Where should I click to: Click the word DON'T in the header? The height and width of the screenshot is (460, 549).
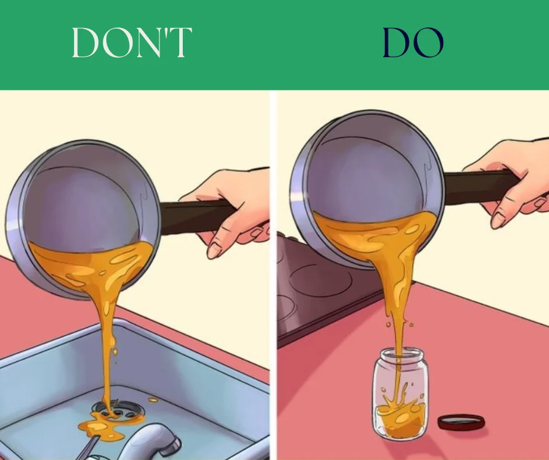tap(132, 42)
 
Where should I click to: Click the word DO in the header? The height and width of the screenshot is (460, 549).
tap(413, 42)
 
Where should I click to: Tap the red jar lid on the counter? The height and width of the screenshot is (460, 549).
tap(461, 421)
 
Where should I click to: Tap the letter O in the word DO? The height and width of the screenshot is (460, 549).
tap(429, 43)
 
